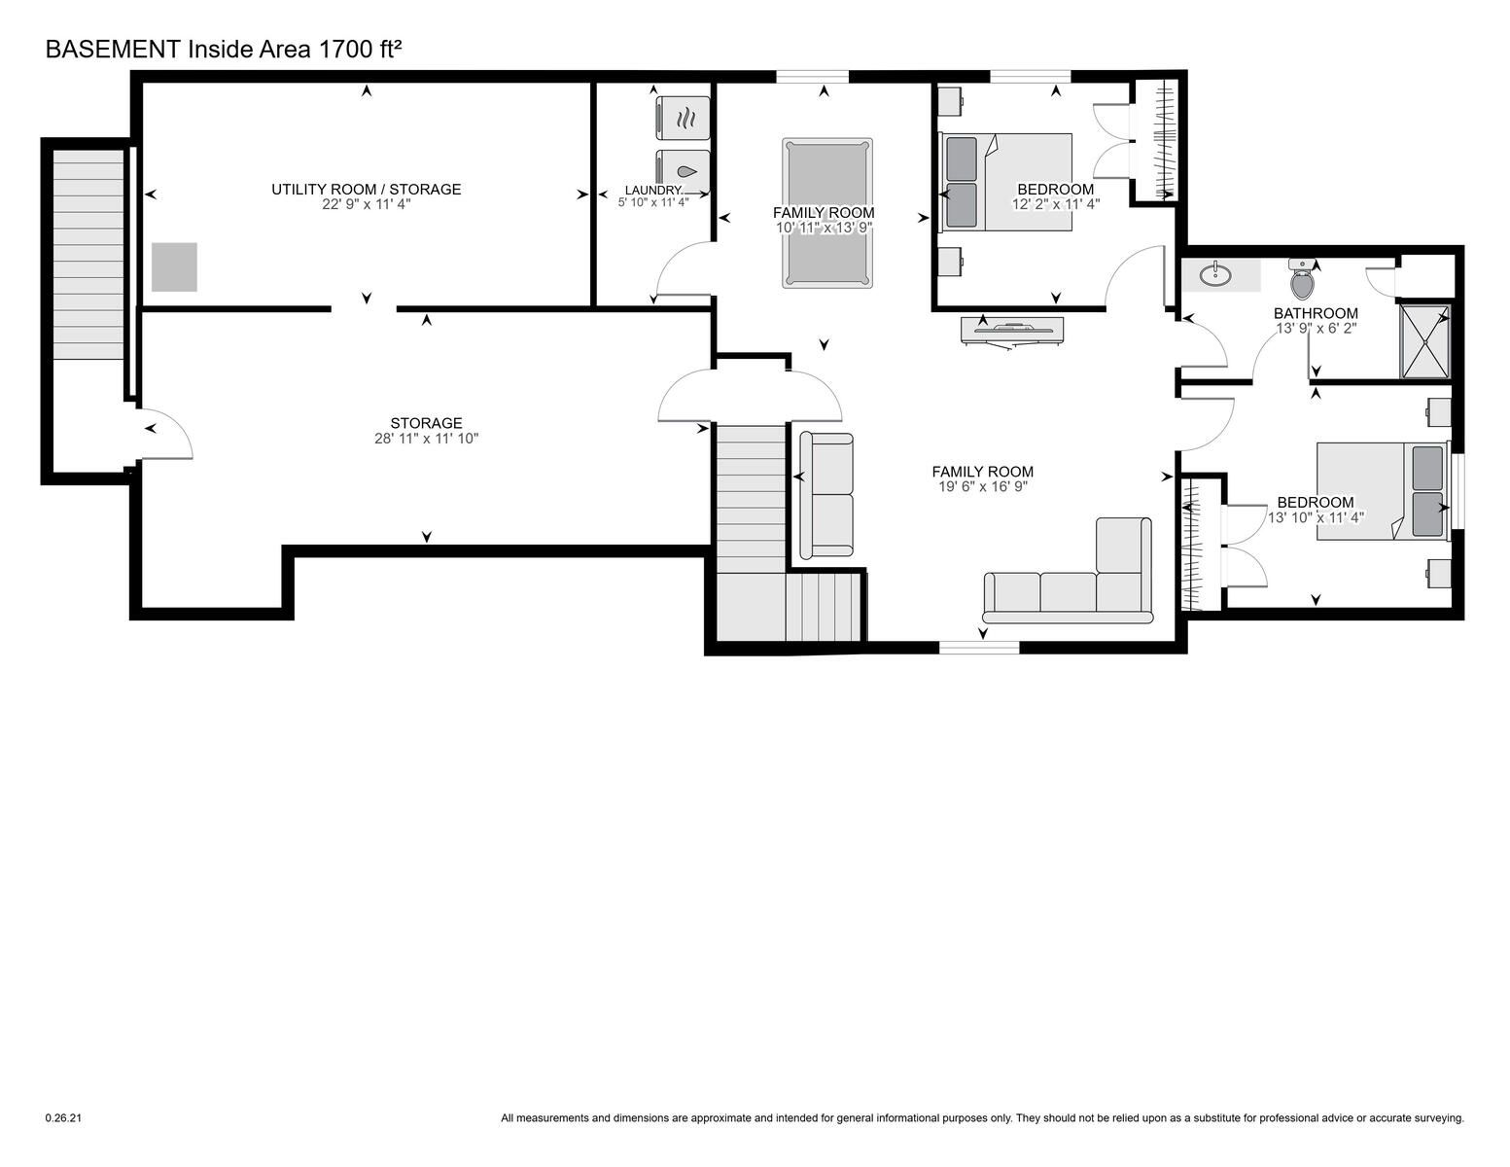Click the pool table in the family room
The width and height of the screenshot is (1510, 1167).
click(x=826, y=213)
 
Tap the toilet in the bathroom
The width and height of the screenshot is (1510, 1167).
click(x=1302, y=279)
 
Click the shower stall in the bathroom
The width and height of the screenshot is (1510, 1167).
click(x=1424, y=341)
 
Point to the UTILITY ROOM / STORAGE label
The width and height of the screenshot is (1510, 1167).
click(x=367, y=189)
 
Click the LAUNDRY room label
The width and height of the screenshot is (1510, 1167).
click(x=652, y=190)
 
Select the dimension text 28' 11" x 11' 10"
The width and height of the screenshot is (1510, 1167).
click(x=426, y=439)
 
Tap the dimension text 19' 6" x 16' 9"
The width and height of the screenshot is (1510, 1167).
click(x=983, y=486)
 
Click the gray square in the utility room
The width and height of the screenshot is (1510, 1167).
click(x=174, y=266)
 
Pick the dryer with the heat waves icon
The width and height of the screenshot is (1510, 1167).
click(x=684, y=119)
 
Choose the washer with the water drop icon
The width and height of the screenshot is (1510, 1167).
click(x=684, y=171)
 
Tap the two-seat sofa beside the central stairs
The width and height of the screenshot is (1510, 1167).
click(x=826, y=496)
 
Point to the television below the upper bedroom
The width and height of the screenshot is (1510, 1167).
click(x=1012, y=330)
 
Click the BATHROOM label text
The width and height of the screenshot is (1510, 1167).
click(x=1316, y=313)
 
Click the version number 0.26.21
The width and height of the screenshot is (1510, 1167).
click(x=63, y=1118)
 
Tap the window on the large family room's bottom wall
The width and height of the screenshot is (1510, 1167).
click(x=979, y=648)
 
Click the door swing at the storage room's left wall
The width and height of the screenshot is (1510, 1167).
click(x=165, y=435)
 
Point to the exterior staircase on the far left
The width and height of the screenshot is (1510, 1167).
click(x=88, y=255)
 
